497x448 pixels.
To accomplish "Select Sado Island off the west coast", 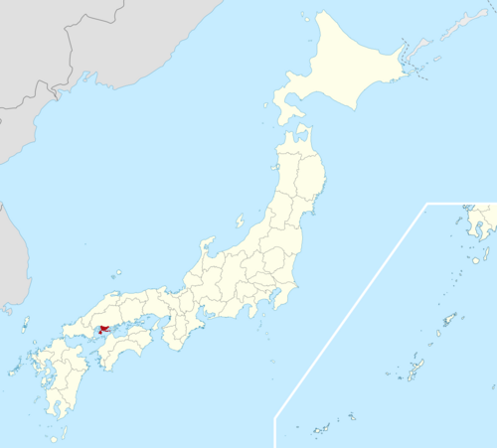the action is point(240,222).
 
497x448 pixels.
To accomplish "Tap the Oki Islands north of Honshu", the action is point(117,273).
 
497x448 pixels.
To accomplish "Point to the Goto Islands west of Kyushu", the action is point(15,370).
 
